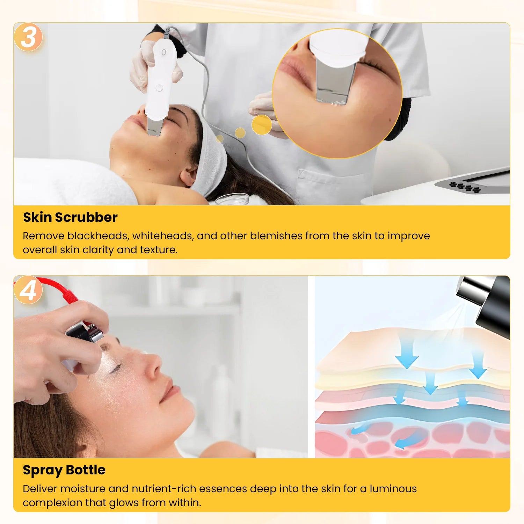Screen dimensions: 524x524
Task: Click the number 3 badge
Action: point(28,37)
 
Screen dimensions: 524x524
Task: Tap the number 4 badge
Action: point(28,290)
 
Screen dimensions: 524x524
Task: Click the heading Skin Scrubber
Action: point(70,217)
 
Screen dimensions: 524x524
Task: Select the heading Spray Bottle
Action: point(64,470)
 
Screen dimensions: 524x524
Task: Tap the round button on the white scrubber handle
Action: point(159,88)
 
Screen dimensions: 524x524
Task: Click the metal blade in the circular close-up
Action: point(335,84)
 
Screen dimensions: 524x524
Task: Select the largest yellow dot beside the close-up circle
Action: point(262,125)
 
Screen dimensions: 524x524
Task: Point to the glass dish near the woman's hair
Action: point(232,199)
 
